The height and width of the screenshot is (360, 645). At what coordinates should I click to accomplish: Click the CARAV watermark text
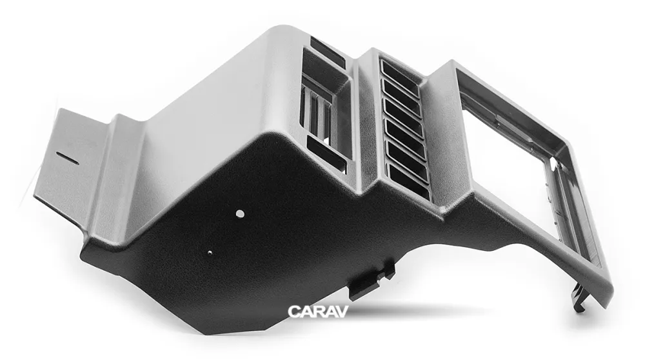[318, 312]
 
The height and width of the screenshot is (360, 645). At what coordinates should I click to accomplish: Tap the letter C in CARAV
[293, 312]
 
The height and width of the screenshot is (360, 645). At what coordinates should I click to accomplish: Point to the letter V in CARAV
[342, 312]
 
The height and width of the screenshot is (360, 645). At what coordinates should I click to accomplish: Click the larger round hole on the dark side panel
[240, 214]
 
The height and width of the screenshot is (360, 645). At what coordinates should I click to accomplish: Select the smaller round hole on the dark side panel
[210, 253]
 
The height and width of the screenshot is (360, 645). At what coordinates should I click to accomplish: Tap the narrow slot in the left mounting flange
[68, 158]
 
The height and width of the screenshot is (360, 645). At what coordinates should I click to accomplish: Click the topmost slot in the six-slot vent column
[401, 72]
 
